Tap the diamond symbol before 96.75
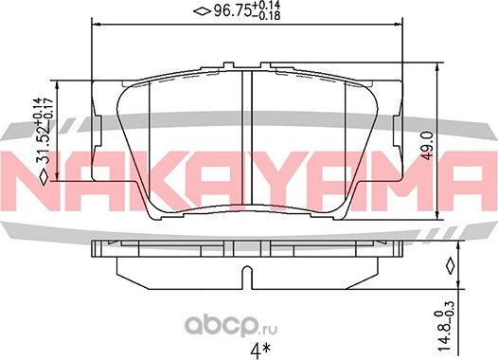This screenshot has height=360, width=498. (x=200, y=11)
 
